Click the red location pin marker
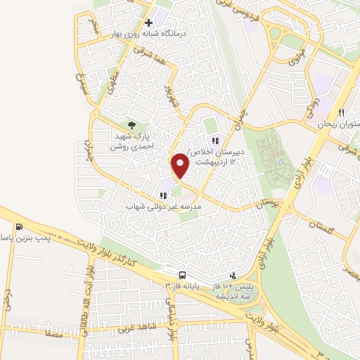pyautogui.click(x=181, y=165)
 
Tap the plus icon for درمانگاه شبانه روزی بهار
pyautogui.click(x=148, y=22)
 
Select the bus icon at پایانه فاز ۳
pyautogui.click(x=183, y=275)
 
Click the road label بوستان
pyautogui.click(x=252, y=204)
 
